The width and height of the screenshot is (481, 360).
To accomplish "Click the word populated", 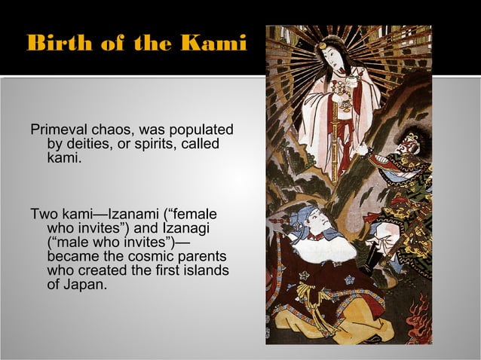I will point(202,130).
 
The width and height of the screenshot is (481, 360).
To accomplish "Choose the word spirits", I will point(149,144).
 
